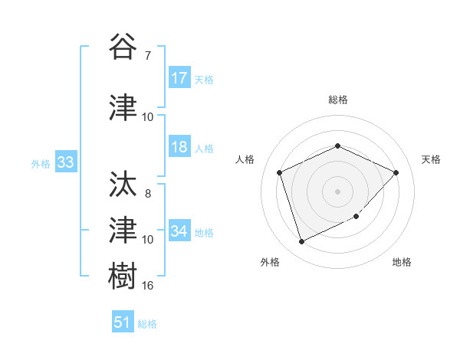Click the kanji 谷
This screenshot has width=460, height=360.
123,46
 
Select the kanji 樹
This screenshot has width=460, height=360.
123,273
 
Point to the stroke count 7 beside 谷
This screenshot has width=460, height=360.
147,55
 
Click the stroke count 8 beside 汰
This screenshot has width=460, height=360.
147,194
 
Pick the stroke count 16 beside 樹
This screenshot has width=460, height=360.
148,286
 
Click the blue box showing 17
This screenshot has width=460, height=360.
179,78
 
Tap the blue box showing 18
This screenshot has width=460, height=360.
179,148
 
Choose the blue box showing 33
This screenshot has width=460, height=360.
65,163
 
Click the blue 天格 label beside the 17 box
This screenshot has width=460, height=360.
204,79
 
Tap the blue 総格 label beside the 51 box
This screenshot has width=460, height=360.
147,324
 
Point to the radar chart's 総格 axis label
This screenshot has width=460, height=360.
338,100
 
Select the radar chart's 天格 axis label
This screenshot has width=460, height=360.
432,159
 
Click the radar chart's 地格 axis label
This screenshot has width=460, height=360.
402,263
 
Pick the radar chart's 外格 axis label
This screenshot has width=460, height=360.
270,263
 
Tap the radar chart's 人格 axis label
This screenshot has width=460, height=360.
245,159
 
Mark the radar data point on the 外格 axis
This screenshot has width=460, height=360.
301,242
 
